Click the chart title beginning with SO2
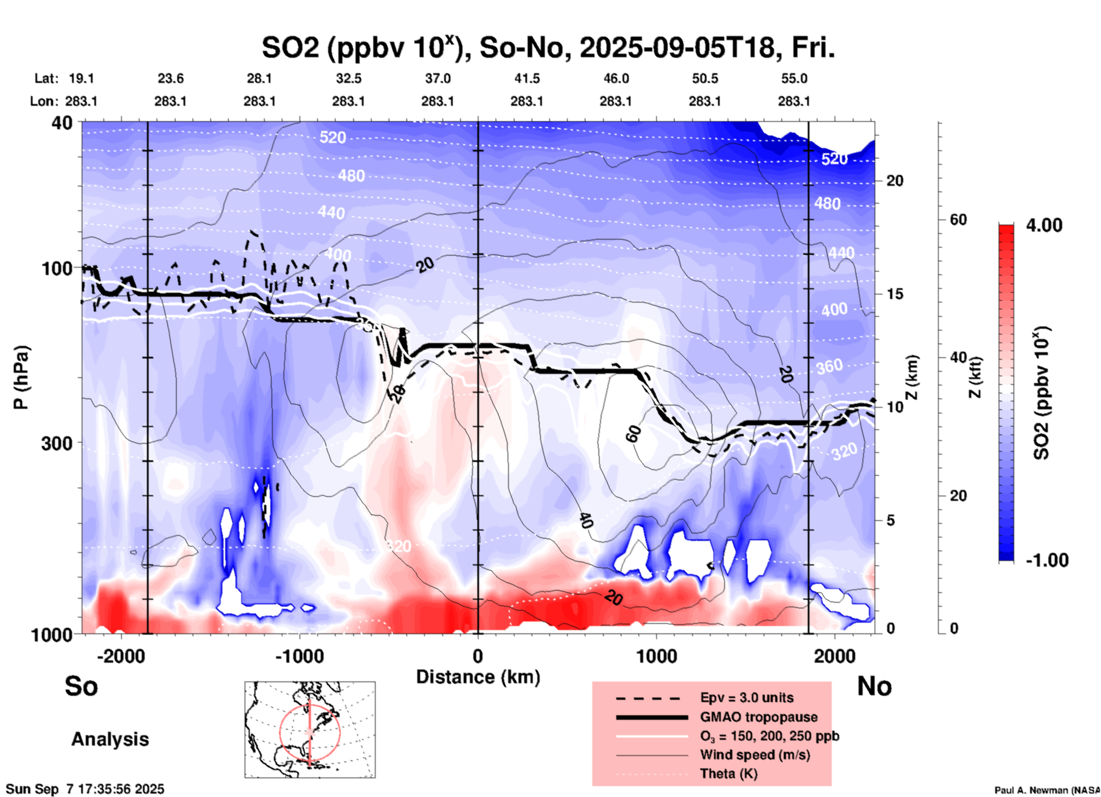[548, 48]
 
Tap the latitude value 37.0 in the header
[437, 78]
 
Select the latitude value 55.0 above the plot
[793, 78]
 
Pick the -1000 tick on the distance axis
[299, 656]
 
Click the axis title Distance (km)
[478, 677]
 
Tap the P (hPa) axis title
[22, 377]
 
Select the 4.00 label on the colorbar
[1044, 225]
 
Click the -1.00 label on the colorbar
[1047, 560]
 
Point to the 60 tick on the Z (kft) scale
[958, 220]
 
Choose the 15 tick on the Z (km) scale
[895, 294]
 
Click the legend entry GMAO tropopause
[758, 717]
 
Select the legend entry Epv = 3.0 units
[747, 698]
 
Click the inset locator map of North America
[310, 729]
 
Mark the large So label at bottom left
[81, 686]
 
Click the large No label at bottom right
[874, 686]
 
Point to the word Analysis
[110, 739]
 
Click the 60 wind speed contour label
[633, 434]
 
